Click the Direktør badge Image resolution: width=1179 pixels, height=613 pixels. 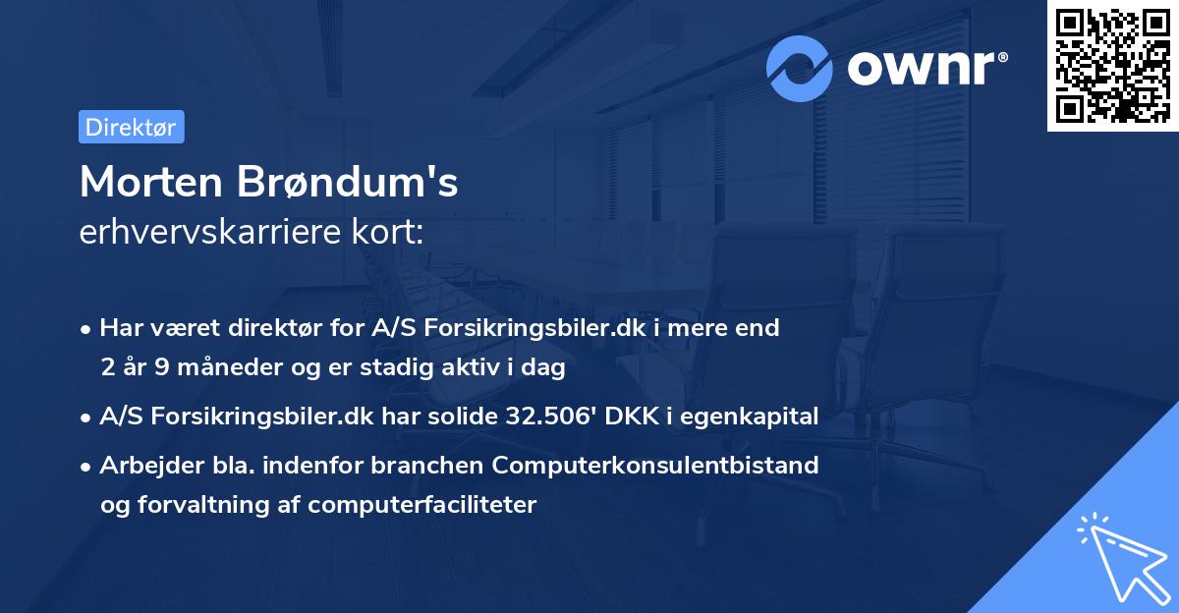point(131,127)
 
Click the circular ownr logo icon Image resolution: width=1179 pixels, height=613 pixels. point(800,68)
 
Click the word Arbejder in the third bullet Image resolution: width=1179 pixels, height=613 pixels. point(141,465)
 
